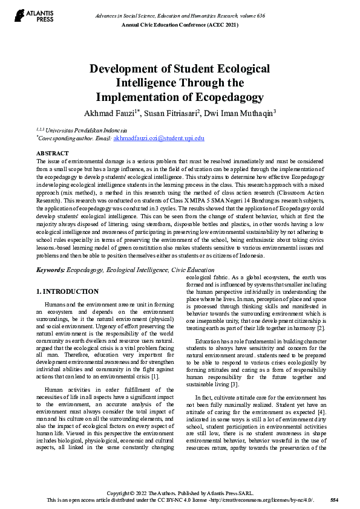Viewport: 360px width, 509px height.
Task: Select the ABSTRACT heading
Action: (53, 154)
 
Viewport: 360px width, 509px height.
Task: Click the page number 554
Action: (334, 499)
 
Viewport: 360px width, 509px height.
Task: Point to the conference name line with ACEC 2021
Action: (180, 24)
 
